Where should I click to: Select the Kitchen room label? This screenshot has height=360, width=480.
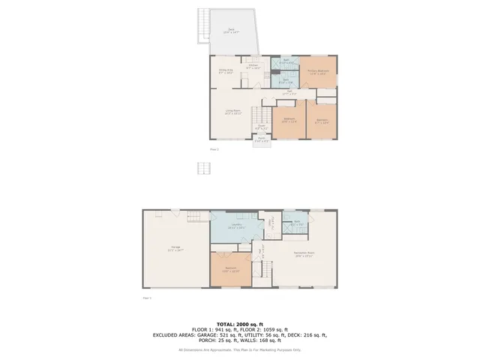tap(253, 66)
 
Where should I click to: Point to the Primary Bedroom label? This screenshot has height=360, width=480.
tap(316, 72)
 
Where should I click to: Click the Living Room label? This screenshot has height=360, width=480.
tap(232, 112)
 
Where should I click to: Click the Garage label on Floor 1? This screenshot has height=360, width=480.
tap(175, 247)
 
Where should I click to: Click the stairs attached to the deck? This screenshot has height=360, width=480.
tap(202, 26)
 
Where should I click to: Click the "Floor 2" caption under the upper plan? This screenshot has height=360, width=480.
tap(214, 149)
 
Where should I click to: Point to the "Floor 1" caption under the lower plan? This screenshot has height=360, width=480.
tap(147, 298)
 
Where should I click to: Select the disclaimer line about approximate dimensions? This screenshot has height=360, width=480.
tap(239, 349)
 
